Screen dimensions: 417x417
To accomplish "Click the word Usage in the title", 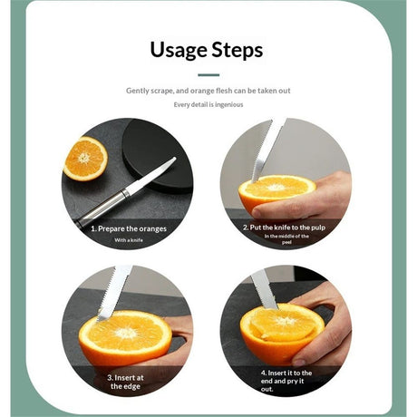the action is (178, 50).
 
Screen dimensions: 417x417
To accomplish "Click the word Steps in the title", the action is (238, 50).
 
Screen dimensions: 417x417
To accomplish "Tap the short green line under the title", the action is (208, 75).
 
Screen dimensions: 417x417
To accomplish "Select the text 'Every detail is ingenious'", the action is (208, 104).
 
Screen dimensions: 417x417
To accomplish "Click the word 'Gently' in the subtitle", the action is (138, 91).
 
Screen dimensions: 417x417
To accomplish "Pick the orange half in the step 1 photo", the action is (85, 159).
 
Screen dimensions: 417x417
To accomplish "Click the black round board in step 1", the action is (157, 154).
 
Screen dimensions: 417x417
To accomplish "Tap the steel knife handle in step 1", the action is (102, 208).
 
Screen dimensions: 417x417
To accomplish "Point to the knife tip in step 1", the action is (174, 158).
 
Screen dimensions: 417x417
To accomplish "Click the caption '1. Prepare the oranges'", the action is (129, 228).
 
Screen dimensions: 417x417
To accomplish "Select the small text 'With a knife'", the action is (129, 240).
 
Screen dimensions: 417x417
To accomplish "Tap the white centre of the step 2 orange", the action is (275, 188).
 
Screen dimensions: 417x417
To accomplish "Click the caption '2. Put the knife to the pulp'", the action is (285, 228).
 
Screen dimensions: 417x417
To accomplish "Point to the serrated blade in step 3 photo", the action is (114, 293).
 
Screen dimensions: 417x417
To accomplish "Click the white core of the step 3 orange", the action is (126, 333).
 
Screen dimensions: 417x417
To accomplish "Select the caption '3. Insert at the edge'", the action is (125, 382).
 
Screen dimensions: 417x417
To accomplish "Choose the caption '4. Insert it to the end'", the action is (286, 377).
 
